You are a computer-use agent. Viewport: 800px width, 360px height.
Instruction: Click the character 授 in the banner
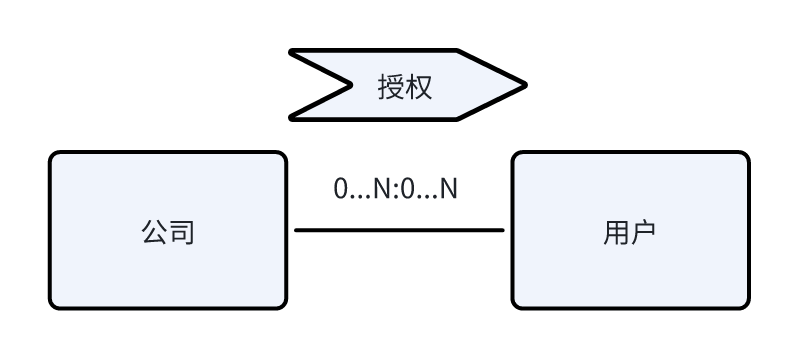coord(391,86)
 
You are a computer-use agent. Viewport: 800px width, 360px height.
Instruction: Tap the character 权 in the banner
coord(419,86)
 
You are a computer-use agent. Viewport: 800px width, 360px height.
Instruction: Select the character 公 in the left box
coord(154,232)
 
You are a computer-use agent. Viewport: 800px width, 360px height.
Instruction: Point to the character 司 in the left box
coord(181,232)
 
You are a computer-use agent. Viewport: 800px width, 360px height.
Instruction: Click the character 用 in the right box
coord(616,232)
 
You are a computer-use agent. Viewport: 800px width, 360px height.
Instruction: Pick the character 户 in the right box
coord(644,232)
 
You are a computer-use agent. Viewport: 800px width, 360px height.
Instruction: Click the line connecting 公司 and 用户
coord(400,230)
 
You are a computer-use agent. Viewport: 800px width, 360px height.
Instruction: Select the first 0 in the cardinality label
coord(341,188)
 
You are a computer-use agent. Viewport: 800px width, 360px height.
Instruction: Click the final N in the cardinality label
coord(449,188)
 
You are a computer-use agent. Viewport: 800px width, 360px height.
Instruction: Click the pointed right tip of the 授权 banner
coord(524,85)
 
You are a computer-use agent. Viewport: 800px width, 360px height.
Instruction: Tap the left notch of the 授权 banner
coord(351,85)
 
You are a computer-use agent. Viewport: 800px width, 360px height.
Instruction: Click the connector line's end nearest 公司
coord(297,230)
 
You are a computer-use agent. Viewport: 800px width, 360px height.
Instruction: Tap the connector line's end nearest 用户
coord(502,230)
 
